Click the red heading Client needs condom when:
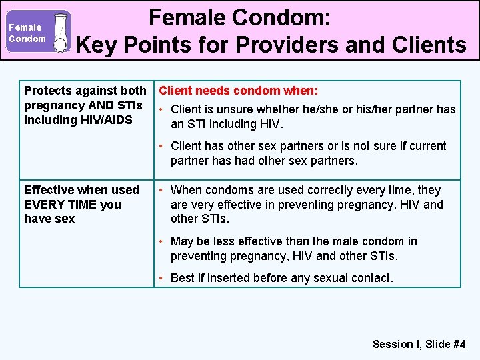[x=238, y=90]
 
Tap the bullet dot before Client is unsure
[x=162, y=109]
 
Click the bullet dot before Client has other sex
[x=162, y=146]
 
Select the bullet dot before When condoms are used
[x=162, y=191]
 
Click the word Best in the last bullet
[x=183, y=278]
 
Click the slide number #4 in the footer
[x=459, y=344]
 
